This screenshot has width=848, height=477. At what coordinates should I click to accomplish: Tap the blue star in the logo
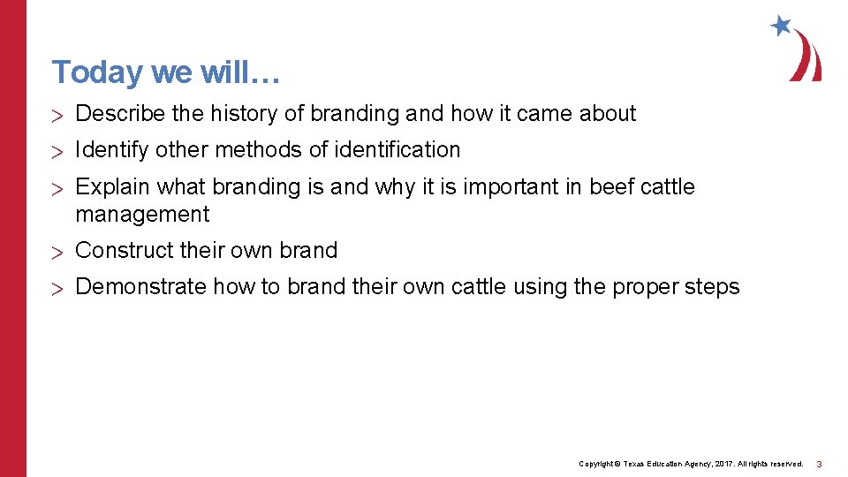(x=781, y=26)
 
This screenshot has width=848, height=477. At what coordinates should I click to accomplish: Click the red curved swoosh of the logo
(x=807, y=58)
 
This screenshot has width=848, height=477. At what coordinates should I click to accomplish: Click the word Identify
(x=112, y=150)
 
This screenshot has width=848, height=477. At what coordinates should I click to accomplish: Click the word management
(x=142, y=215)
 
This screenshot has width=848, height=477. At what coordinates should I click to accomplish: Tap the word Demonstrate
(x=138, y=287)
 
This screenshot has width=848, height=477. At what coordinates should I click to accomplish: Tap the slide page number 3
(x=819, y=464)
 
